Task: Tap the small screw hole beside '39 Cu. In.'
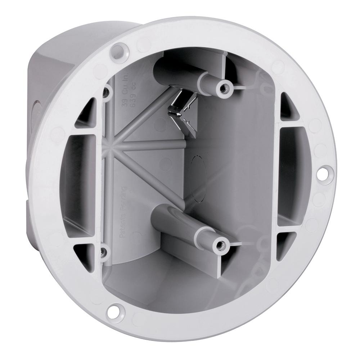point(105,93)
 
